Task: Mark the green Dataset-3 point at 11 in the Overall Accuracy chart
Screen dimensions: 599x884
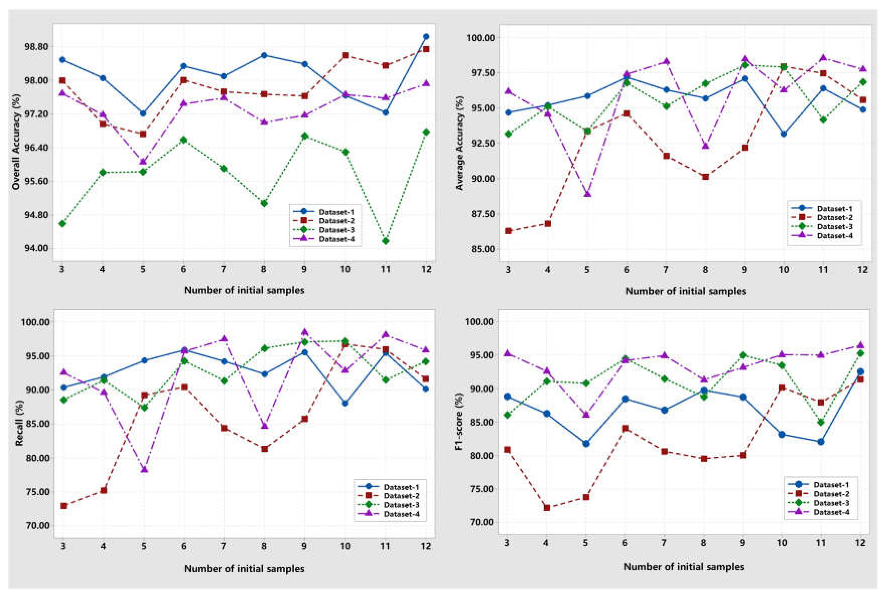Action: point(385,241)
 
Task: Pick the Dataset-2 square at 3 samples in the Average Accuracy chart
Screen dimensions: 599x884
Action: point(509,230)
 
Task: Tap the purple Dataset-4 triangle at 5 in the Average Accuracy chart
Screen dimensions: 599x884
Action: point(587,194)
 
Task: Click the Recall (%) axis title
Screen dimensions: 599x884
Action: point(20,425)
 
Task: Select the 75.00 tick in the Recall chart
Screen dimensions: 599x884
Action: point(37,492)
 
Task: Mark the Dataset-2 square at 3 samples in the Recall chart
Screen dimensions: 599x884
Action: point(64,506)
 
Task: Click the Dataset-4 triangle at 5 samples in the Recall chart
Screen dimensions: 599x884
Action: point(144,469)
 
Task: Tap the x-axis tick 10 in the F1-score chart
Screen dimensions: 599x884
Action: point(782,544)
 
